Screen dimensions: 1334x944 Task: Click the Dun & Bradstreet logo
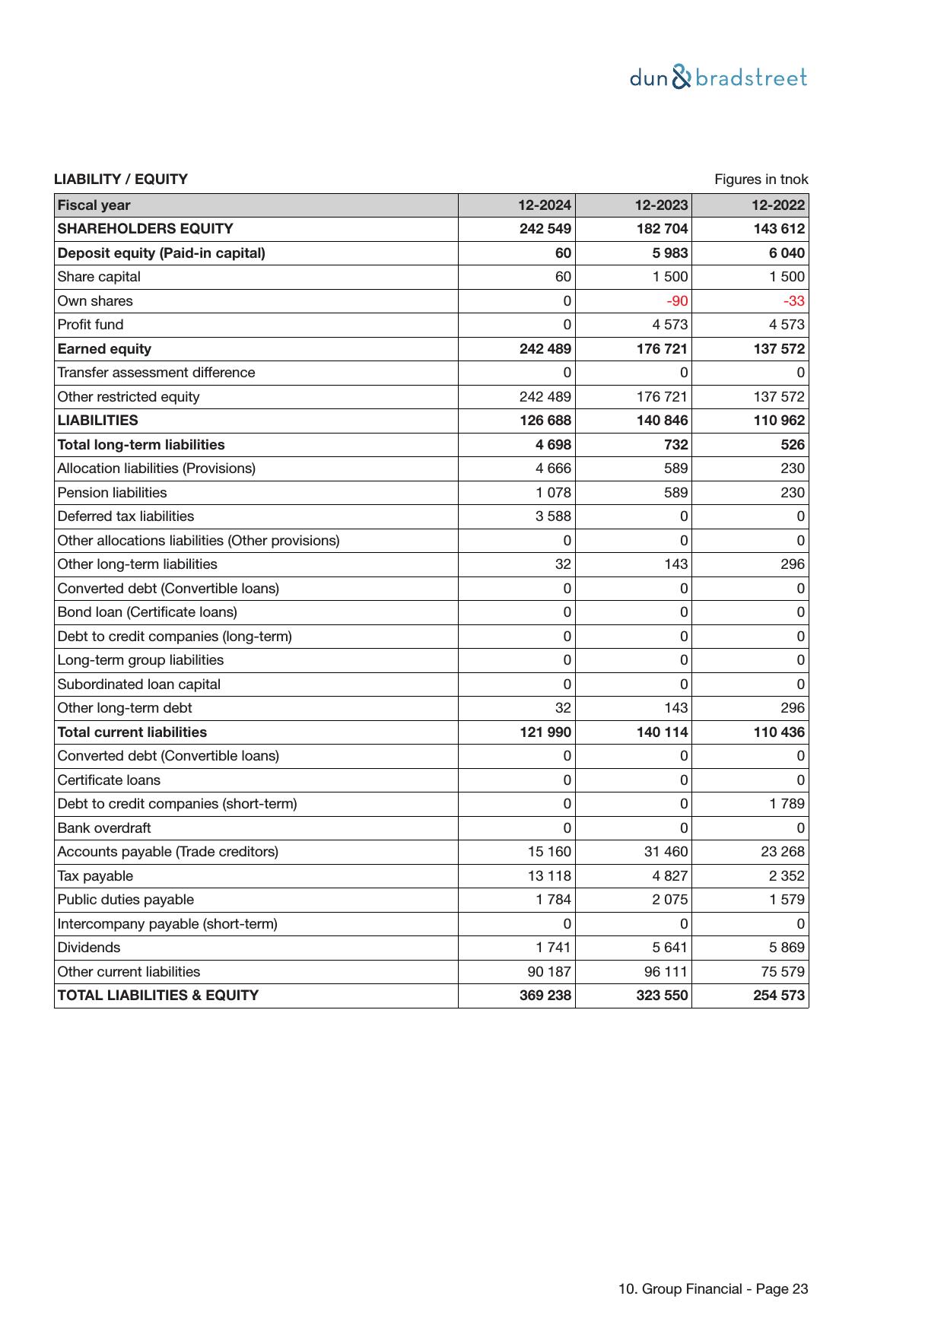click(718, 78)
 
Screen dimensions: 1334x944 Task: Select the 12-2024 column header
click(545, 205)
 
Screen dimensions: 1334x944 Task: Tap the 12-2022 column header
click(778, 205)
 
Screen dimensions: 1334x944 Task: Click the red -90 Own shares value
click(677, 301)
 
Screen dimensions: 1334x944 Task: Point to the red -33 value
click(793, 301)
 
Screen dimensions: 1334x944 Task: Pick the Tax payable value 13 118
click(549, 876)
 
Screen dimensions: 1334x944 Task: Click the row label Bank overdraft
click(104, 828)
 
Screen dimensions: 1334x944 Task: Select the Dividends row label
click(89, 948)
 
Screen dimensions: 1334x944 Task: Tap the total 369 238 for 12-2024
click(545, 996)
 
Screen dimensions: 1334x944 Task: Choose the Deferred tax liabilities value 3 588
click(553, 516)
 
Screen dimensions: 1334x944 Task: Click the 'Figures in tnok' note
click(761, 179)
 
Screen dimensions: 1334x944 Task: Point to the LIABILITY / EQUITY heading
click(121, 179)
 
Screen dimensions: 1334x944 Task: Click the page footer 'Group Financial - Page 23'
click(713, 1289)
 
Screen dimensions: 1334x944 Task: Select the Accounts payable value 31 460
click(666, 852)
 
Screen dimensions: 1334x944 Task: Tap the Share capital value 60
click(563, 277)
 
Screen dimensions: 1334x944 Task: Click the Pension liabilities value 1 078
click(553, 493)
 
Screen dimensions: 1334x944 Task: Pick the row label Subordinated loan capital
click(139, 684)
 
